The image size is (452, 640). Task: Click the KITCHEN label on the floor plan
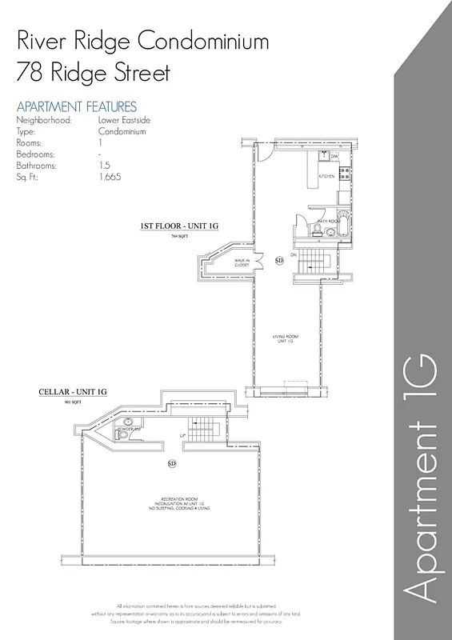click(326, 176)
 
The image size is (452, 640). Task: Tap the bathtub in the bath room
click(343, 226)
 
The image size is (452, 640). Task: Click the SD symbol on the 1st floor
click(279, 260)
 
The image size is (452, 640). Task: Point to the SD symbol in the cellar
click(171, 463)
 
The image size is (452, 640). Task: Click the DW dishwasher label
click(335, 157)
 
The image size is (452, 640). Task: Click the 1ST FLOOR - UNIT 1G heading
click(179, 227)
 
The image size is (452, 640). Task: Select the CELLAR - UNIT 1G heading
click(73, 393)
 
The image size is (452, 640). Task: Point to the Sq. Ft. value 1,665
click(110, 177)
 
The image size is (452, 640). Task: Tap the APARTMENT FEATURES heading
click(76, 106)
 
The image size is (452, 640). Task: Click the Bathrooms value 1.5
click(104, 166)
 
